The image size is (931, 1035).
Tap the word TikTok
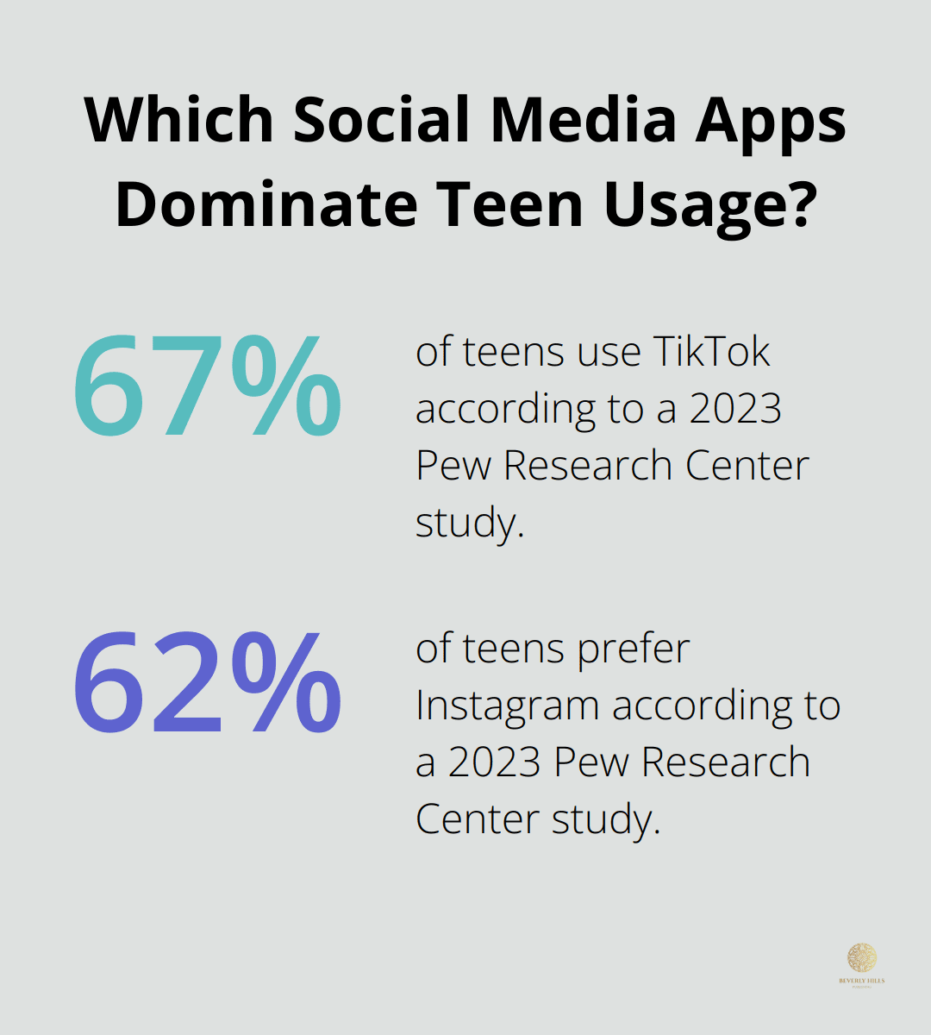[711, 352]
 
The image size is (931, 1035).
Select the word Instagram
[508, 706]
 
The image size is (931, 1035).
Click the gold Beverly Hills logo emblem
[861, 957]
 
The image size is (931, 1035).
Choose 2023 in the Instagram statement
[495, 762]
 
